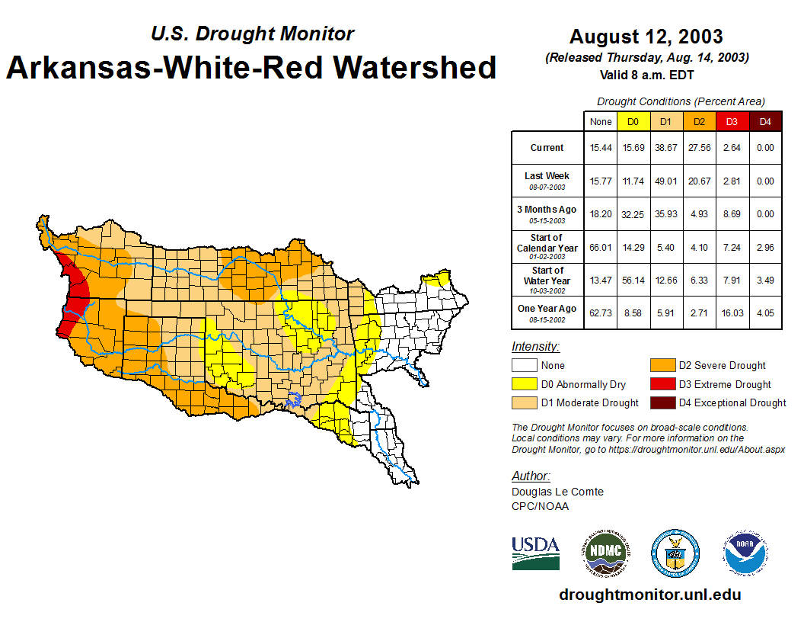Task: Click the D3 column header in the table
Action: pyautogui.click(x=732, y=121)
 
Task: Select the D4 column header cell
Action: pyautogui.click(x=765, y=121)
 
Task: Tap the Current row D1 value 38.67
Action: pyautogui.click(x=666, y=148)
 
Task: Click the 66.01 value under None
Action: pyautogui.click(x=601, y=247)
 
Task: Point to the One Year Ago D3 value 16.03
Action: pyautogui.click(x=732, y=313)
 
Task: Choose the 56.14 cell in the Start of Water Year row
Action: pyautogui.click(x=633, y=280)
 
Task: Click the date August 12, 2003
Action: pyautogui.click(x=646, y=37)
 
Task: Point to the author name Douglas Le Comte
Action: pyautogui.click(x=557, y=492)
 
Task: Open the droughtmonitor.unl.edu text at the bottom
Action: pyautogui.click(x=649, y=595)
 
